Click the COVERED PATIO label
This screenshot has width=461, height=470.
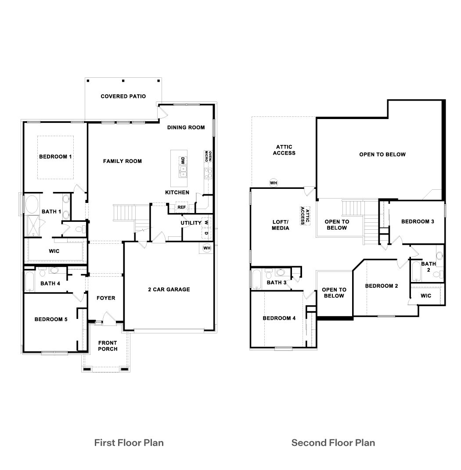[123, 96]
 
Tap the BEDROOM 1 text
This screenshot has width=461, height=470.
[55, 156]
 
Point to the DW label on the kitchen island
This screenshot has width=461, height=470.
[182, 161]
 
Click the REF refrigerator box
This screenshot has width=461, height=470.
[181, 207]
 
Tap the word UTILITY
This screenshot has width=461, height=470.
[191, 223]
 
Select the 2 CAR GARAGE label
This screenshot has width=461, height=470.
[169, 289]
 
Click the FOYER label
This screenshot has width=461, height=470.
[106, 298]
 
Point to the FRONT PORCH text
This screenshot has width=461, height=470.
[108, 346]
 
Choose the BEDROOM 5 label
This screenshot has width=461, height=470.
[51, 319]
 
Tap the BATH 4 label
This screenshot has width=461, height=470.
[50, 283]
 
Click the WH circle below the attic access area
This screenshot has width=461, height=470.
[274, 182]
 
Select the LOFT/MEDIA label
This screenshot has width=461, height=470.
[280, 225]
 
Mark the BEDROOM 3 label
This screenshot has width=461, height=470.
[418, 221]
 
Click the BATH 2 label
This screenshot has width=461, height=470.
[429, 267]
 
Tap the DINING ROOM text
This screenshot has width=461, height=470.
[186, 127]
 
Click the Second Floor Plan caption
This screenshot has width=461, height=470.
[333, 442]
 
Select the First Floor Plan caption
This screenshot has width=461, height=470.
[129, 442]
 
